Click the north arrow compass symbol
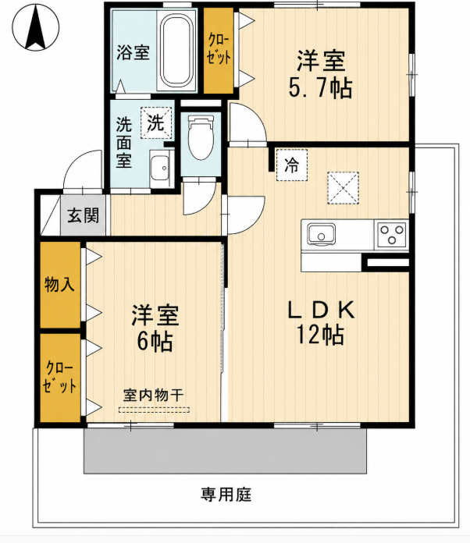click(x=36, y=28)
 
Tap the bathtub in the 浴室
click(x=176, y=51)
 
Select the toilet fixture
click(x=201, y=137)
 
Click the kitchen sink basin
click(x=322, y=234)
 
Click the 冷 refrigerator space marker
click(x=292, y=165)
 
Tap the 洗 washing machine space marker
click(x=156, y=123)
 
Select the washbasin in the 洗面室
click(x=161, y=169)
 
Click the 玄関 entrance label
click(x=84, y=215)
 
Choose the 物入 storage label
click(x=59, y=285)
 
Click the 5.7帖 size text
click(x=321, y=88)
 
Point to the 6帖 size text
click(x=155, y=342)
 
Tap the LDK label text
click(x=322, y=310)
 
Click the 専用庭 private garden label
click(x=226, y=494)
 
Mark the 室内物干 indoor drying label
click(x=154, y=395)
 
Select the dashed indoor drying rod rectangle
click(x=154, y=410)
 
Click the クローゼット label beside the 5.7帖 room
click(x=219, y=49)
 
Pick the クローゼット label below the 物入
click(x=59, y=378)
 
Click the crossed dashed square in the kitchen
click(x=343, y=188)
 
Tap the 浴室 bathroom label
click(x=133, y=52)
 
